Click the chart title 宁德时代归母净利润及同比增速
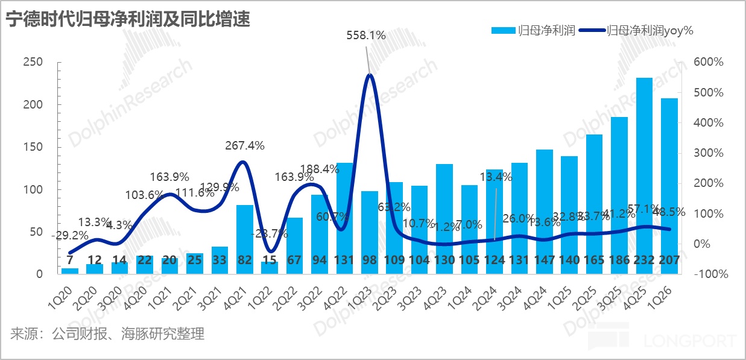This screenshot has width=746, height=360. pyautogui.click(x=128, y=19)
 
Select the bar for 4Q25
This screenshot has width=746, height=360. pyautogui.click(x=644, y=175)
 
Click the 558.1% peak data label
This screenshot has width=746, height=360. pyautogui.click(x=365, y=36)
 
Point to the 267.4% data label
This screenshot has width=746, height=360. pyautogui.click(x=244, y=145)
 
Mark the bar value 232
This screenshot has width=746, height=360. pyautogui.click(x=644, y=261)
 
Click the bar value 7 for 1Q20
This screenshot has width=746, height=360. pyautogui.click(x=70, y=261)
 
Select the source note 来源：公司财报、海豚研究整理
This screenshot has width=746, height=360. pyautogui.click(x=107, y=333)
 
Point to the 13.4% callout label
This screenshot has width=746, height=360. pyautogui.click(x=496, y=177)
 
